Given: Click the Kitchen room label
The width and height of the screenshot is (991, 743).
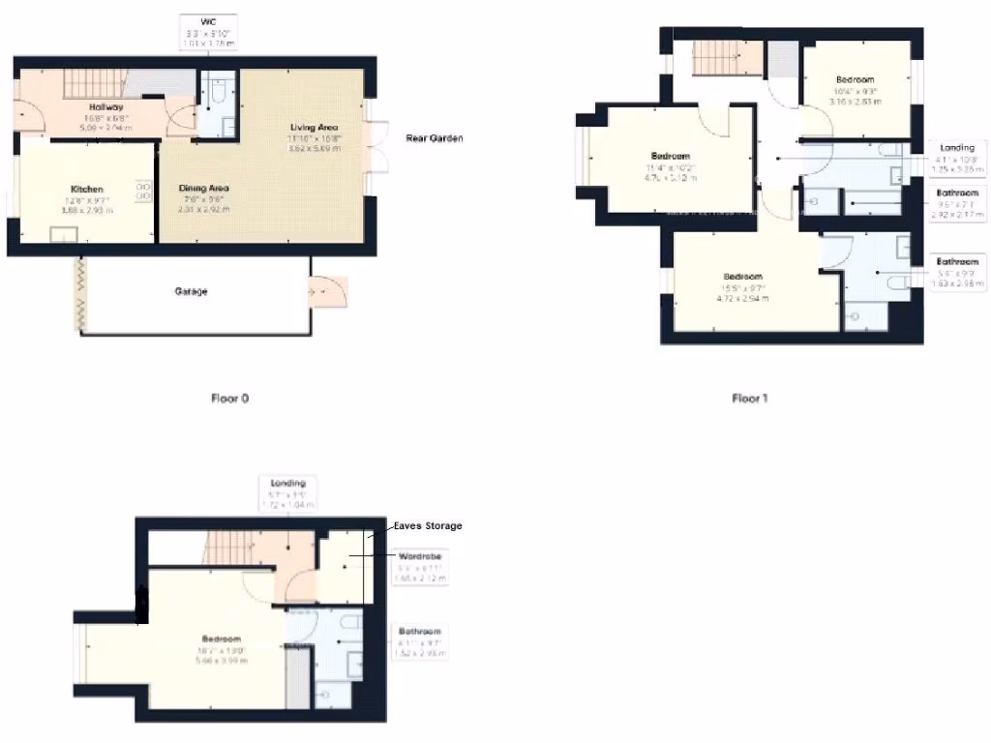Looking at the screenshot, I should click(x=86, y=190).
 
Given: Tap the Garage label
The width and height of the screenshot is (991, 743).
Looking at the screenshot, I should click(x=192, y=291).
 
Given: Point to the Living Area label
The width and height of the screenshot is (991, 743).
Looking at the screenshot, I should click(x=315, y=128).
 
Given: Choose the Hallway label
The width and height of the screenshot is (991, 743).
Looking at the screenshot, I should click(x=106, y=107).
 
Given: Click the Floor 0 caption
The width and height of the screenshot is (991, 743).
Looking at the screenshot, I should click(x=230, y=398).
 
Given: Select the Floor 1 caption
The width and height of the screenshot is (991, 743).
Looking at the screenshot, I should click(x=749, y=398).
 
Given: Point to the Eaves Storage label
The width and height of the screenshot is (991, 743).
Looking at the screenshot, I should click(x=427, y=526).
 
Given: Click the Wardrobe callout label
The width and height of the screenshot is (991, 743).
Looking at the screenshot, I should click(x=422, y=557).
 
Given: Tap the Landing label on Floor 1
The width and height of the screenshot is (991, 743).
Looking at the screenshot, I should click(x=956, y=147).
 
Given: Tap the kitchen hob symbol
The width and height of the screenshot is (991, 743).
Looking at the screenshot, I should click(x=143, y=191).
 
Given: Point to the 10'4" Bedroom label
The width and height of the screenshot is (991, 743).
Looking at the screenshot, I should click(x=855, y=79).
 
